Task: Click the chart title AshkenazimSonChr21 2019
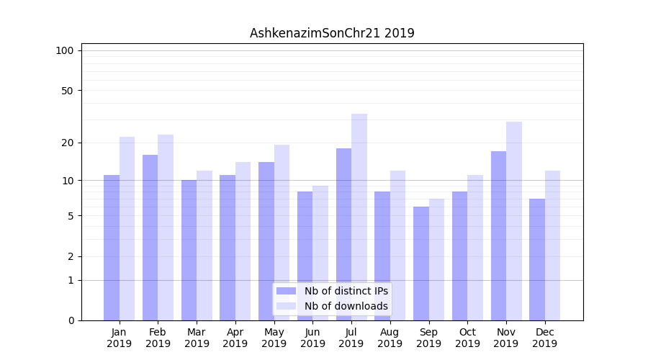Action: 332,33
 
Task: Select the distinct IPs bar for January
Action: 112,248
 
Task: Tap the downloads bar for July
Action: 359,217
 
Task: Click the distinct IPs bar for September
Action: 421,264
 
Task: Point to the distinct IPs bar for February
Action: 150,238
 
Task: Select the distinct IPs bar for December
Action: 537,259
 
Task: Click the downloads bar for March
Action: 204,246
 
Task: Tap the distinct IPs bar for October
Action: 460,256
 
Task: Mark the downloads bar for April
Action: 243,241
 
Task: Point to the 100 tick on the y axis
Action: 65,50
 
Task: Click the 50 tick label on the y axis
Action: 68,91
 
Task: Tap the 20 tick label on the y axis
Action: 68,143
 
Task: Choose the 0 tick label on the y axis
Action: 71,320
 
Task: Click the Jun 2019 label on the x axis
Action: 312,338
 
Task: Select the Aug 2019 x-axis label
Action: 390,338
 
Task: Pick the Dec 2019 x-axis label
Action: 545,338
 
